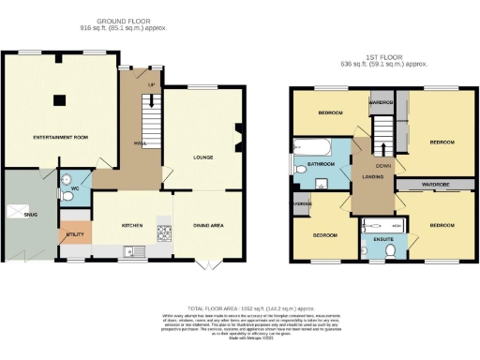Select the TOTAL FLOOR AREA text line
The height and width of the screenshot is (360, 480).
pos(243,308)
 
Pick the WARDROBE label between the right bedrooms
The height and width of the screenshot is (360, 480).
pos(434,186)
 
